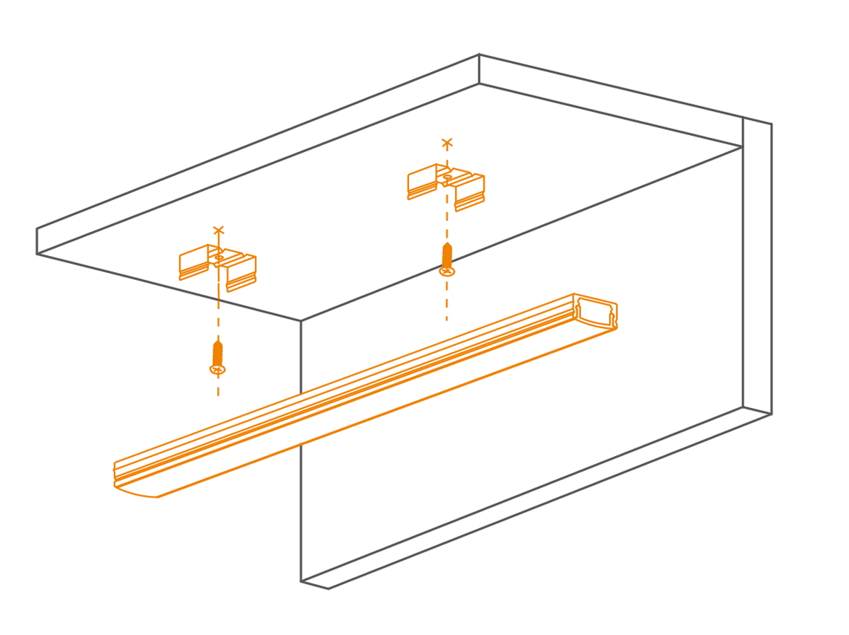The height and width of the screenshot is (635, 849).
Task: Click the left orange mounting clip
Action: [217, 267]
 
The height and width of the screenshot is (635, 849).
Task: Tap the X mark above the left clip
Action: [219, 230]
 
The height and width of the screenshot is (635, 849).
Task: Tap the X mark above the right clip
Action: [446, 144]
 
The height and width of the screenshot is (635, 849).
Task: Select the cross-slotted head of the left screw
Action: [219, 369]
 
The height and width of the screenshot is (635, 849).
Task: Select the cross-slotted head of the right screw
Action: [446, 270]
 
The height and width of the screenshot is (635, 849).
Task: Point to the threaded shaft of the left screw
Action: [219, 352]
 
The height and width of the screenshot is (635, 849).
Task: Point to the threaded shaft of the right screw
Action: [446, 254]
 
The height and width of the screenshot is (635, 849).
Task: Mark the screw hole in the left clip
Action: [219, 258]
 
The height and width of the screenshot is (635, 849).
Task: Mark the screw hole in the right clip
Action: [447, 177]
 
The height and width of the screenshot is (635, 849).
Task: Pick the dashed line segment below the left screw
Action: [218, 388]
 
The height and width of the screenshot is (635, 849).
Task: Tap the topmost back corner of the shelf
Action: [479, 54]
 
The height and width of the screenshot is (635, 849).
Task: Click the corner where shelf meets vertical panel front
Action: [301, 321]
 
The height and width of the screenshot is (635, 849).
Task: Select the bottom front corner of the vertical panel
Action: [301, 581]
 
